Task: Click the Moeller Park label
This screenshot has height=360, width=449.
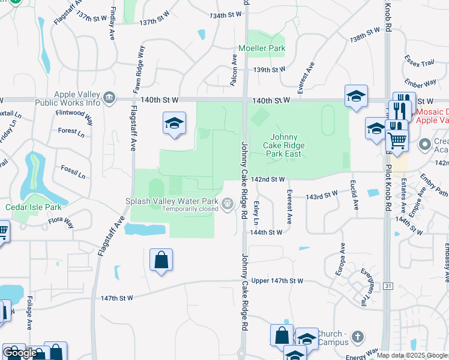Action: [261, 48]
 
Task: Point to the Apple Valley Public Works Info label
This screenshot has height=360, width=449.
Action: [77, 98]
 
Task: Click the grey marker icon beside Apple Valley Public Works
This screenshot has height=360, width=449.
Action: [109, 98]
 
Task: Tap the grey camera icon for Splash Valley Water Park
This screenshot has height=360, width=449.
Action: [228, 205]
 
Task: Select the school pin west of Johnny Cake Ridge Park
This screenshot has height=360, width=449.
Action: [174, 124]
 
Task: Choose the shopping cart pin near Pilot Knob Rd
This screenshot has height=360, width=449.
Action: [396, 141]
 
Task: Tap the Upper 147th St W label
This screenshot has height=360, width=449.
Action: [277, 281]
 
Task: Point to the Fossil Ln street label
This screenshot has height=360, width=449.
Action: [73, 172]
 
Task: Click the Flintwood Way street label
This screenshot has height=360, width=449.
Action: [74, 116]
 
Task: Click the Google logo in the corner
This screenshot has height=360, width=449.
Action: [20, 353]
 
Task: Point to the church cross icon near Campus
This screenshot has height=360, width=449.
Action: [358, 337]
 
